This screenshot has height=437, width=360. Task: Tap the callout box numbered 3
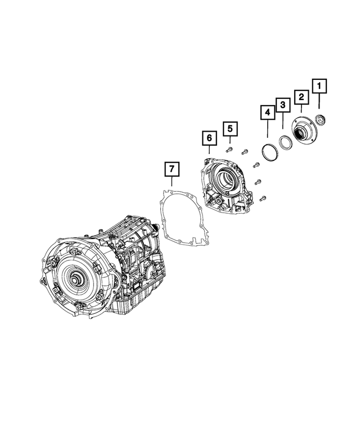point(283,105)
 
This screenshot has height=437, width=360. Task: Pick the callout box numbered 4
point(267,112)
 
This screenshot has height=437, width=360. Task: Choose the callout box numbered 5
point(229,129)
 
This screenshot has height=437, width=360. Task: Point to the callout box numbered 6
point(208,138)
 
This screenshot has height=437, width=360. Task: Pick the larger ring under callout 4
point(269,152)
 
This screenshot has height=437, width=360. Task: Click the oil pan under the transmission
point(141,304)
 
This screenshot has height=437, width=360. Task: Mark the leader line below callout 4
point(267,133)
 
